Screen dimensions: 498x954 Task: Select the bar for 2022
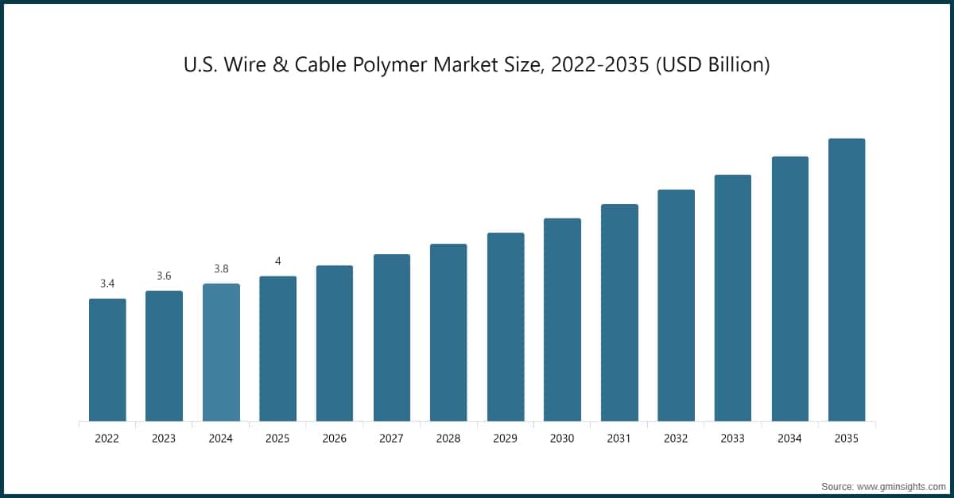pyautogui.click(x=107, y=360)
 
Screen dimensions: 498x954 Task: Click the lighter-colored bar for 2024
pyautogui.click(x=221, y=352)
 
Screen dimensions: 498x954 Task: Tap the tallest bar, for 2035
pyautogui.click(x=847, y=280)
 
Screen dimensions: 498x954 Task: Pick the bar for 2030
pyautogui.click(x=562, y=319)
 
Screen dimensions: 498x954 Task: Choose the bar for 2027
pyautogui.click(x=392, y=338)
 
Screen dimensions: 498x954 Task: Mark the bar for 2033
pyautogui.click(x=733, y=298)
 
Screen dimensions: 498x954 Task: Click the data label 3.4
pyautogui.click(x=107, y=284)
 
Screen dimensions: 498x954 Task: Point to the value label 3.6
pyautogui.click(x=164, y=276)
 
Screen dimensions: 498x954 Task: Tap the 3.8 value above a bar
pyautogui.click(x=221, y=269)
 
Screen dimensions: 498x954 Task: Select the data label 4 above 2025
pyautogui.click(x=278, y=261)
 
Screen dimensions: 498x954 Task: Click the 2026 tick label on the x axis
pyautogui.click(x=335, y=438)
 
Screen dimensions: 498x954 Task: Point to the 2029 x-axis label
pyautogui.click(x=506, y=438)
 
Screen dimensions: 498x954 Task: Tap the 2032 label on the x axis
pyautogui.click(x=676, y=438)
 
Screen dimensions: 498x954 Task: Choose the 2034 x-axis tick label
pyautogui.click(x=789, y=438)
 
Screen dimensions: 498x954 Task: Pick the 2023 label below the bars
pyautogui.click(x=164, y=438)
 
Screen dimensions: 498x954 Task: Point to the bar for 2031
pyautogui.click(x=619, y=312)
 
